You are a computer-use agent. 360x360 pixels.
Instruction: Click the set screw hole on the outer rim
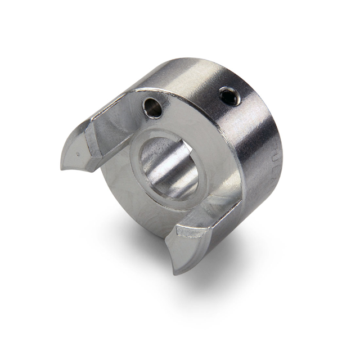point(228,96)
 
